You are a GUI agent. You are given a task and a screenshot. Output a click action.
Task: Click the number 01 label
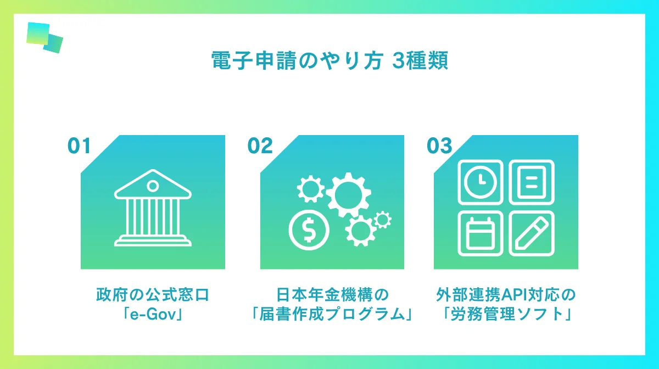(x=79, y=146)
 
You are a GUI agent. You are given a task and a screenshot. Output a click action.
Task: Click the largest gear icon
(x=348, y=194)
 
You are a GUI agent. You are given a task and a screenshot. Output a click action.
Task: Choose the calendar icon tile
(x=479, y=233)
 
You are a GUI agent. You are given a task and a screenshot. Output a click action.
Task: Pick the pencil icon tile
(x=531, y=233)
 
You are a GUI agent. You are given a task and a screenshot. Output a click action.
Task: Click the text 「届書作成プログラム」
(x=332, y=316)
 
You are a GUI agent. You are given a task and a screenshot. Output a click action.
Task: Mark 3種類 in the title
(x=421, y=61)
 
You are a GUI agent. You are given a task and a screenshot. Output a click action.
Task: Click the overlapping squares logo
(x=44, y=37)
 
